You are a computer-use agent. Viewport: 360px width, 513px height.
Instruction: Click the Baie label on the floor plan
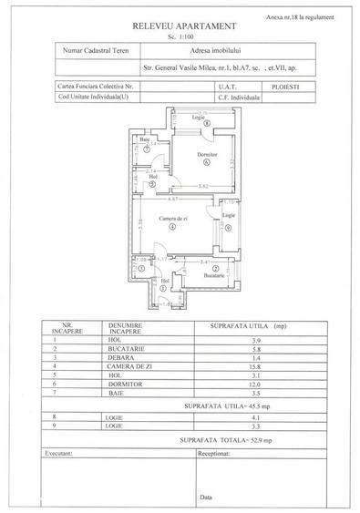coord(144,139)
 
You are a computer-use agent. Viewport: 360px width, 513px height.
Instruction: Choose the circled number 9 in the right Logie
coord(230,227)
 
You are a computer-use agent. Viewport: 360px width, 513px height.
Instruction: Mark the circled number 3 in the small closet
coord(142,270)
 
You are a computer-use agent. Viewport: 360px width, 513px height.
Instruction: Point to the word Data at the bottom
coord(206,497)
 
